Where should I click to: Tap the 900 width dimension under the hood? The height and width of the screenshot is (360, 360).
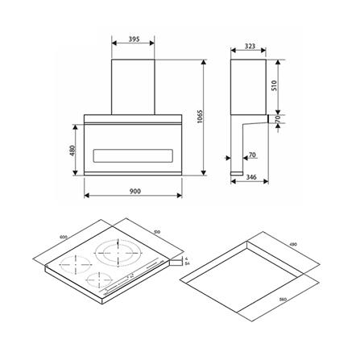(134, 191)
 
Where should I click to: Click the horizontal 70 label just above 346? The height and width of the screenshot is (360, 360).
(252, 155)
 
